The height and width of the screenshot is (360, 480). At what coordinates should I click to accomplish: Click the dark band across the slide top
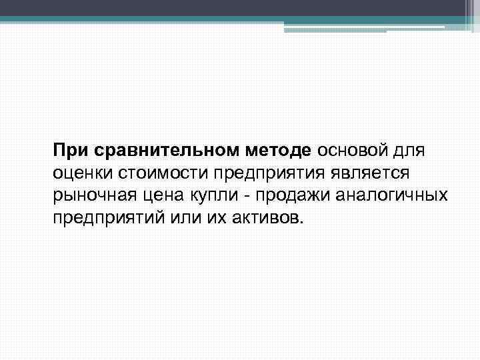point(240,8)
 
